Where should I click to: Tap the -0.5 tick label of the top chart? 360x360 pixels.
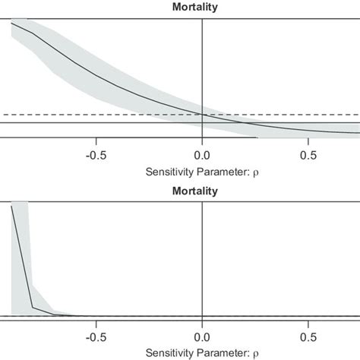(x=96, y=156)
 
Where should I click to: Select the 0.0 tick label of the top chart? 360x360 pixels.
(x=202, y=156)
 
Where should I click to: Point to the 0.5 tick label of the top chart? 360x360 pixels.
(x=308, y=156)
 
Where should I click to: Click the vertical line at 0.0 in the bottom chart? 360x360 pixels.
(x=202, y=251)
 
